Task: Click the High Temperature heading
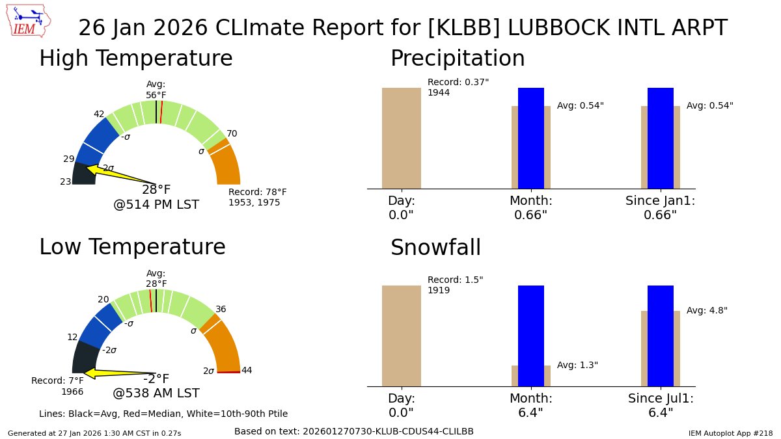(x=135, y=59)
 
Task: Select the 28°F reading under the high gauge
(x=156, y=190)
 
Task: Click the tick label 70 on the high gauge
(x=232, y=134)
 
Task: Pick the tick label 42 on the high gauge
(x=99, y=114)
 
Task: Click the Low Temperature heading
(x=132, y=247)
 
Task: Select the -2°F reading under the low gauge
(x=156, y=379)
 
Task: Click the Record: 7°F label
(x=57, y=381)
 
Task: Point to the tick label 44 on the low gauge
(x=247, y=371)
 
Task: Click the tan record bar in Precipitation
(x=401, y=138)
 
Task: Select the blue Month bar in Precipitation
(x=530, y=138)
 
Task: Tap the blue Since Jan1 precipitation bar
(x=660, y=138)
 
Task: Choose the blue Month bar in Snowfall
(x=530, y=336)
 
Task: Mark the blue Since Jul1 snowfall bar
(x=660, y=336)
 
